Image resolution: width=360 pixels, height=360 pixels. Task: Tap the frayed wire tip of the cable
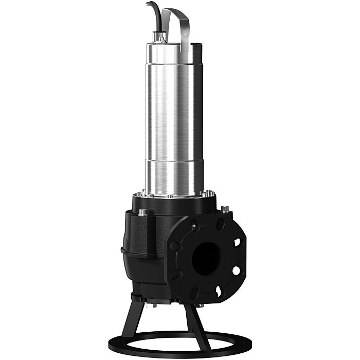[148, 4]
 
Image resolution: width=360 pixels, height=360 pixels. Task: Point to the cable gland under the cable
[160, 37]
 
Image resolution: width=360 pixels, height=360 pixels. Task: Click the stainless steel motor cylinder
[172, 113]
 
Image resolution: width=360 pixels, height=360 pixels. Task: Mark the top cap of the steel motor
[173, 46]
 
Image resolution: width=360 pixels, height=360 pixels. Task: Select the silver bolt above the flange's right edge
[225, 209]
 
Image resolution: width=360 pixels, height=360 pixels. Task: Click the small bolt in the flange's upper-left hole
[194, 226]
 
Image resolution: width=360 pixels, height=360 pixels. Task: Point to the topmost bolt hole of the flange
[220, 223]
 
